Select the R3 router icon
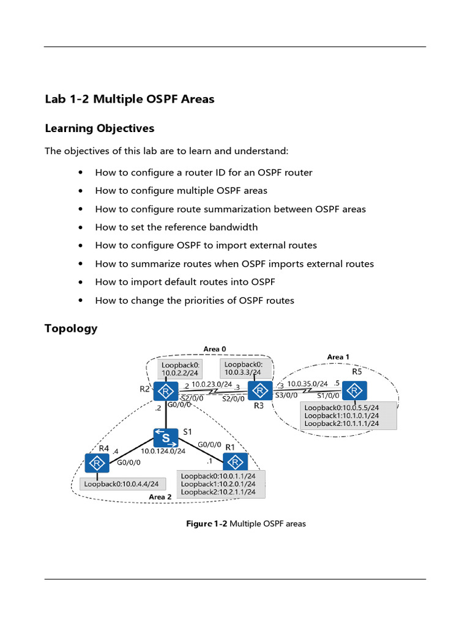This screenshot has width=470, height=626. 259,391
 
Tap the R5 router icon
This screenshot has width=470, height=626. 354,391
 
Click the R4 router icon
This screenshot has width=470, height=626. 97,463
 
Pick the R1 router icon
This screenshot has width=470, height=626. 236,463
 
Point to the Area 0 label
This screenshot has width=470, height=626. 215,349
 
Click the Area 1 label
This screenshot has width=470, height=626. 338,357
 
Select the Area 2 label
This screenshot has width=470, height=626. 160,497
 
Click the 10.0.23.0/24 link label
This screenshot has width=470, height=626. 211,385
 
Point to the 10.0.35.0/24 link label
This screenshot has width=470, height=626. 307,384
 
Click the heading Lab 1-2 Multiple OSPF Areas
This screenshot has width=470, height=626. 129,99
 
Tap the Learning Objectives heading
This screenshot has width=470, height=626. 99,128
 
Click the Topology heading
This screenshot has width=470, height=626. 70,328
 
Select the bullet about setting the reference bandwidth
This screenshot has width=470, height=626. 176,227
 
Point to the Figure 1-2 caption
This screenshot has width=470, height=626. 246,524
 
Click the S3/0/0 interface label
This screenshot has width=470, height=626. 286,396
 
